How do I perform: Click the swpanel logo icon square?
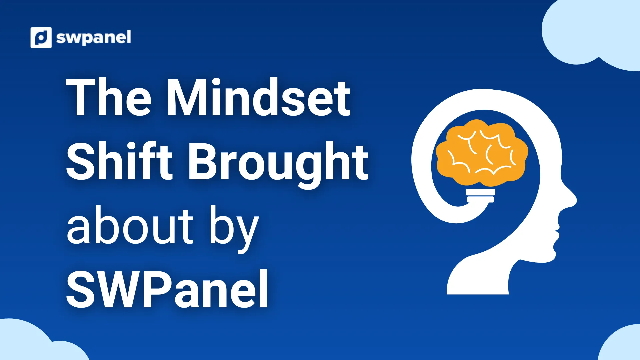41,37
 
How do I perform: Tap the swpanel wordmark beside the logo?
94,38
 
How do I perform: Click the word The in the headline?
109,97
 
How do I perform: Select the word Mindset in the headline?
258,97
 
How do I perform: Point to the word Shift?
119,161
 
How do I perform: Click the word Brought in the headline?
279,165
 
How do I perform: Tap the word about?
130,225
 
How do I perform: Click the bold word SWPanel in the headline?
167,289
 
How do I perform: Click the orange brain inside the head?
482,153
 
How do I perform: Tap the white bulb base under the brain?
480,196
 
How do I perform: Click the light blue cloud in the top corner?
592,33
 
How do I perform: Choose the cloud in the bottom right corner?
621,343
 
